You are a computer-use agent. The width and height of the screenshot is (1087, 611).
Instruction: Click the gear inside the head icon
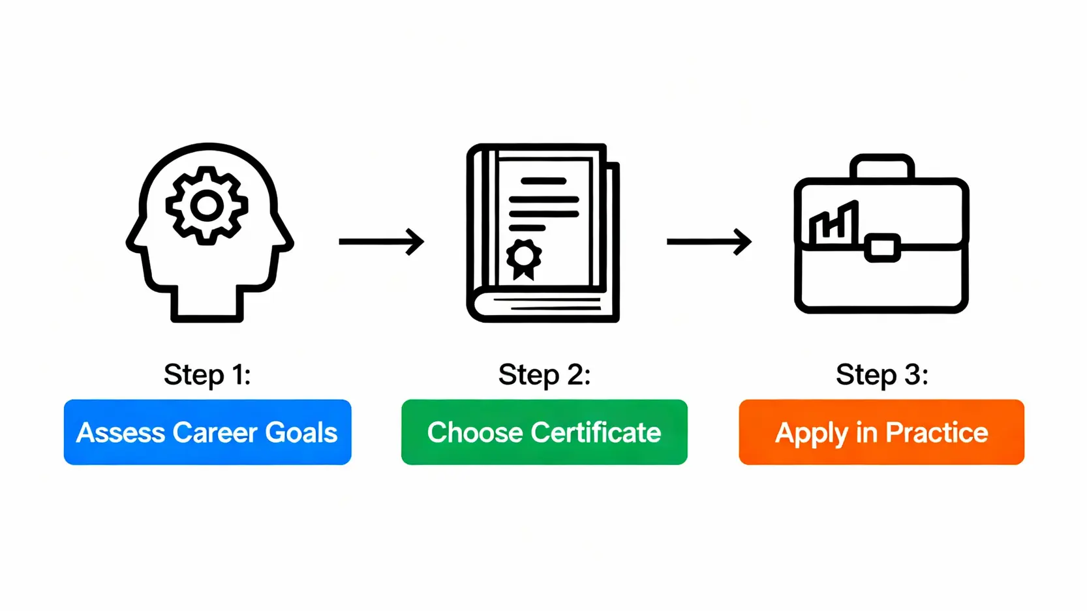tap(207, 205)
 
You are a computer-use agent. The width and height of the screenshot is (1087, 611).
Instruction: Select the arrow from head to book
tap(381, 242)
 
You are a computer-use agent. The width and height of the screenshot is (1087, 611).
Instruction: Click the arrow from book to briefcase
tap(709, 242)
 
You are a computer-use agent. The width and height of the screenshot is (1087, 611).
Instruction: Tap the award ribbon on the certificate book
tap(524, 258)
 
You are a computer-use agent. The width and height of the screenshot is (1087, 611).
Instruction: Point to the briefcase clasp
tap(882, 248)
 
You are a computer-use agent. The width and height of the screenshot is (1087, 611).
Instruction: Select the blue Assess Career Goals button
tap(207, 432)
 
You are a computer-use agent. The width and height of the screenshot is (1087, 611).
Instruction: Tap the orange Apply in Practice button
tap(881, 432)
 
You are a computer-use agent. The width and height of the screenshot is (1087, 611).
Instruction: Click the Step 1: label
tap(207, 375)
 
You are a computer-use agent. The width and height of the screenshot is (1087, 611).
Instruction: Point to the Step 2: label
tap(544, 375)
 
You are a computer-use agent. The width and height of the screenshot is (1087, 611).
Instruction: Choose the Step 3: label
tap(882, 375)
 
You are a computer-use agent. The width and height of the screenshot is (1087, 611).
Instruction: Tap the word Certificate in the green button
tap(596, 433)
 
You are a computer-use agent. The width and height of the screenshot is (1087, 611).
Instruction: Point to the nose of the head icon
tap(132, 243)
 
